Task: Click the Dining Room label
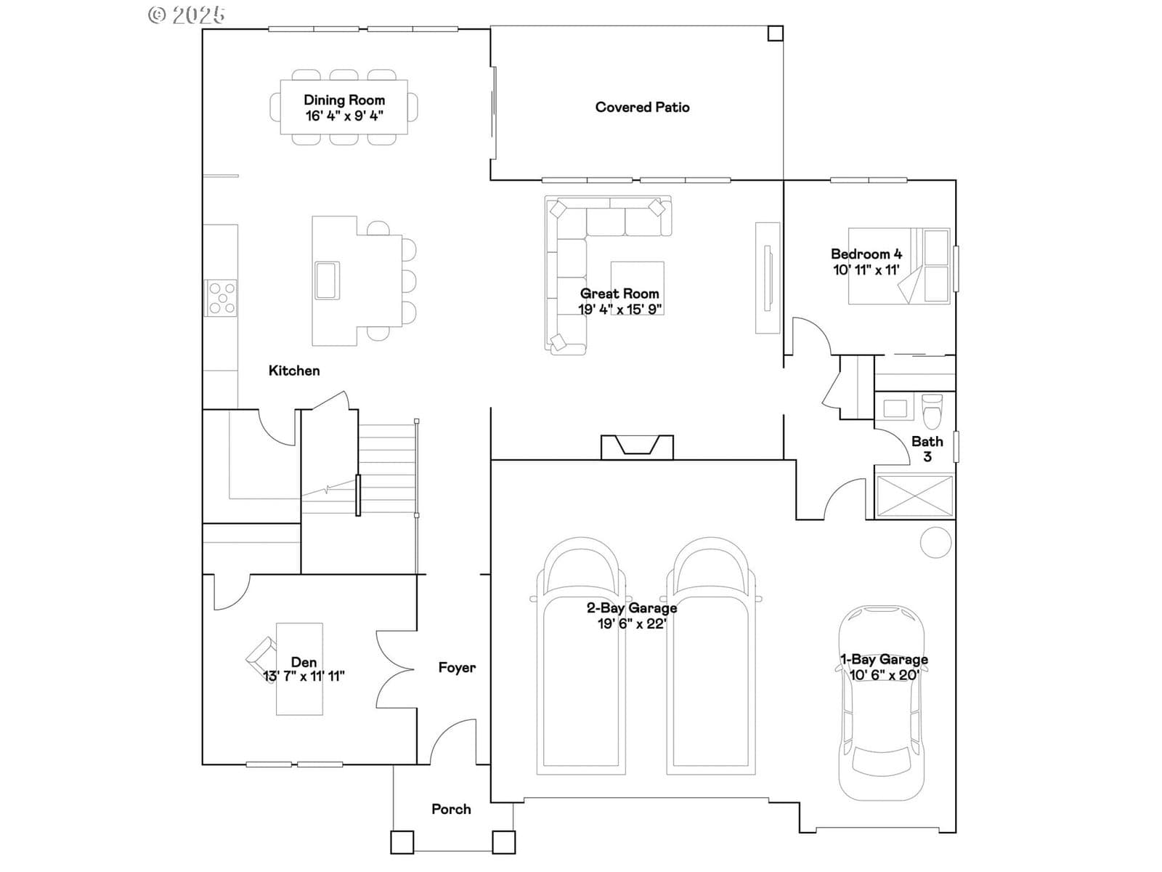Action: coord(344,100)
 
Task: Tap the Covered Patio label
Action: coord(642,108)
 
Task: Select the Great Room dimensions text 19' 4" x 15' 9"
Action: coord(619,310)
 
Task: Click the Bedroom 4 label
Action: coord(866,254)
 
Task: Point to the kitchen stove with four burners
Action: coord(222,298)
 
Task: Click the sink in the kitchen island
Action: coord(327,280)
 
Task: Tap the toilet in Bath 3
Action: coord(931,412)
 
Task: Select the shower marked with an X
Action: coord(914,496)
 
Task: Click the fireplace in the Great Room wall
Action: coord(637,446)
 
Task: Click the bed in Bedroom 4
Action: coord(899,266)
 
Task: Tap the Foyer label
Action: coord(457,667)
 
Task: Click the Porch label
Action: coord(451,809)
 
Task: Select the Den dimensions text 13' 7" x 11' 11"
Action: coord(304,676)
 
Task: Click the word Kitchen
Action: coord(294,371)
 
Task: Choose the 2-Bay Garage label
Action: coord(632,607)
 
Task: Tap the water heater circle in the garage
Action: coord(935,542)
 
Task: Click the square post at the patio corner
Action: coord(775,33)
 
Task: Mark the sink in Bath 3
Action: coord(895,408)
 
